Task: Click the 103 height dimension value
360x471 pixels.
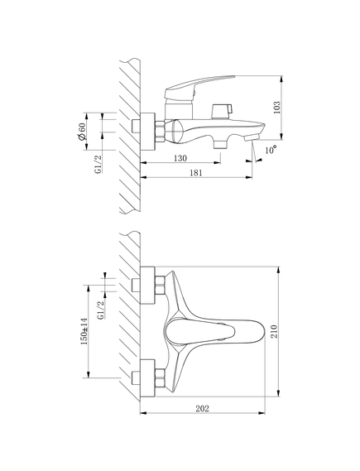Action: pyautogui.click(x=277, y=108)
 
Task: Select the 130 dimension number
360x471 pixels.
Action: pyautogui.click(x=180, y=158)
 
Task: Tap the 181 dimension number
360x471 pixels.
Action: pyautogui.click(x=196, y=173)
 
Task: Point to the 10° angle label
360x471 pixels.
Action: pyautogui.click(x=271, y=149)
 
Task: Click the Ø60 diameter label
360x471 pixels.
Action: pyautogui.click(x=81, y=132)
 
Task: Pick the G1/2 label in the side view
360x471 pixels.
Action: pyautogui.click(x=98, y=164)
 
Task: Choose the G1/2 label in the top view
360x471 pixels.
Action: pyautogui.click(x=101, y=310)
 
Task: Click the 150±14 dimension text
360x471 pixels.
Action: pyautogui.click(x=84, y=331)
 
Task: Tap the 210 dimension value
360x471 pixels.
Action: pyautogui.click(x=275, y=331)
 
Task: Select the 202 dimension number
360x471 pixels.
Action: pyautogui.click(x=202, y=409)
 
